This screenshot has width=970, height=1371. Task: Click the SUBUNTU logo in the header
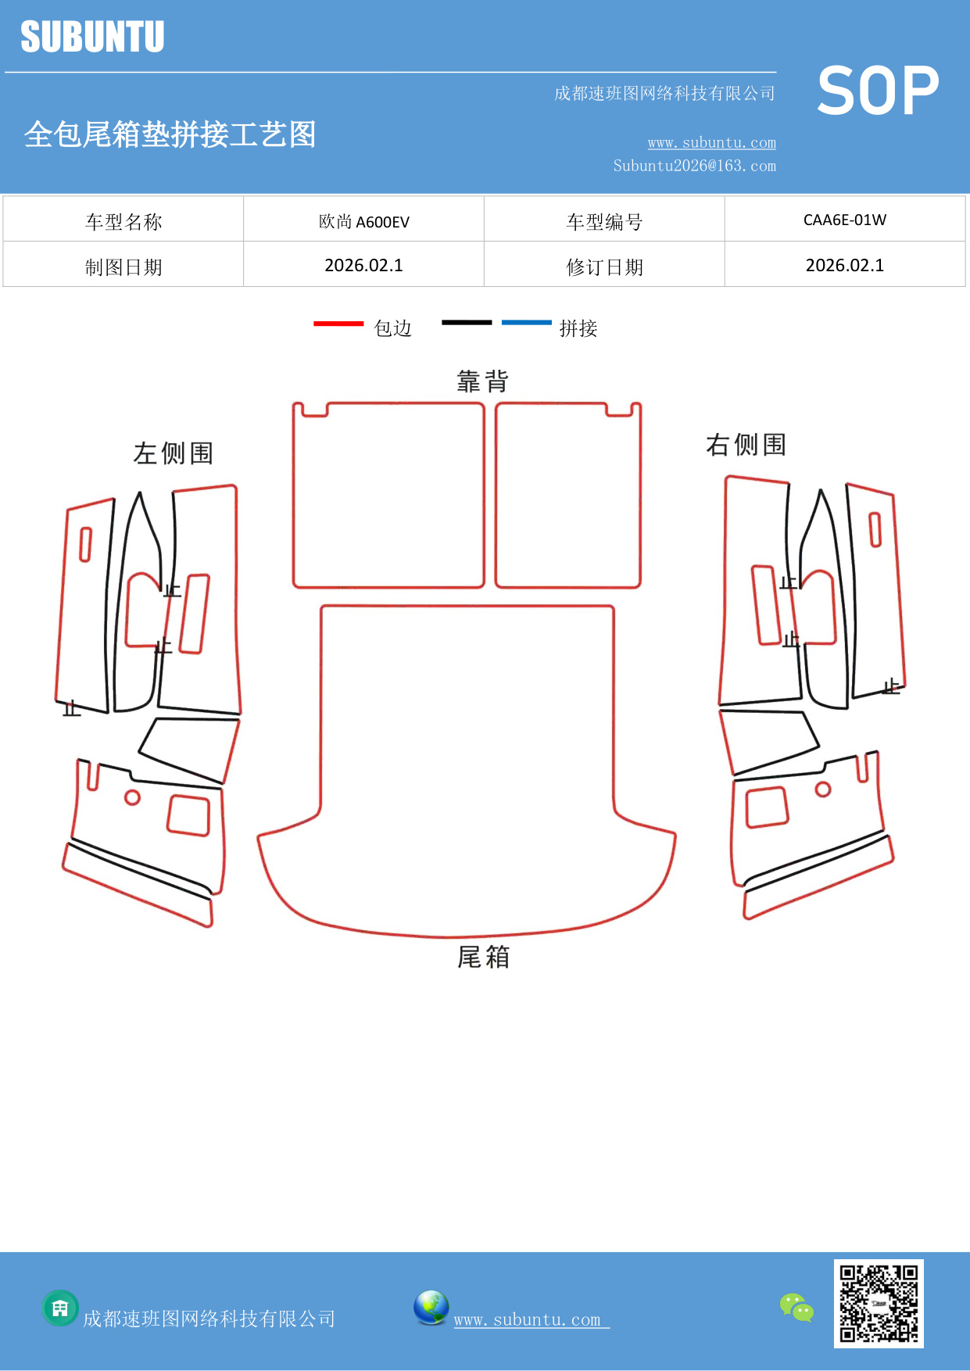[x=92, y=37]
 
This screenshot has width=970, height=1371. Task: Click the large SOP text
[x=877, y=91]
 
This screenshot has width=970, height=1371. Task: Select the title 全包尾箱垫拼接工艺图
[x=170, y=134]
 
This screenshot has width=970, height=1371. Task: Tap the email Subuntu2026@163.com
[x=694, y=166]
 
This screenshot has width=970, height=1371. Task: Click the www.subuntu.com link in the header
[x=711, y=143]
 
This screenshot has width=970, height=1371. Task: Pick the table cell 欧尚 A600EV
[x=363, y=222]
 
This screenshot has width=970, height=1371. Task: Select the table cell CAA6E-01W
[x=844, y=220]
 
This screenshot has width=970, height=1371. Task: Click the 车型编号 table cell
[x=604, y=222]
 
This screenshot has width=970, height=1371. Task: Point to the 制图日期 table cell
[x=123, y=267]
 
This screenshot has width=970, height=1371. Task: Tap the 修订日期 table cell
[x=604, y=267]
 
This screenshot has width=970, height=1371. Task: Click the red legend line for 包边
[x=338, y=323]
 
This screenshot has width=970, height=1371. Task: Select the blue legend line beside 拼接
[x=526, y=322]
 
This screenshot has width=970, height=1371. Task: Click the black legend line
[x=467, y=322]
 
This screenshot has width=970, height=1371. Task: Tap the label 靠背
[x=482, y=381]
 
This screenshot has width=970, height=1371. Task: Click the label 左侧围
[x=173, y=453]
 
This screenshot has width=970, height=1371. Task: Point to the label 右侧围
[x=746, y=445]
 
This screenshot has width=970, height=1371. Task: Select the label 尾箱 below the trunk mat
[x=483, y=957]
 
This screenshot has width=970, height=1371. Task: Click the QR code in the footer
[x=879, y=1303]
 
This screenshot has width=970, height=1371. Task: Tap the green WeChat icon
[x=796, y=1307]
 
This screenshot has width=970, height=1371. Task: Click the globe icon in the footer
[x=431, y=1307]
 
